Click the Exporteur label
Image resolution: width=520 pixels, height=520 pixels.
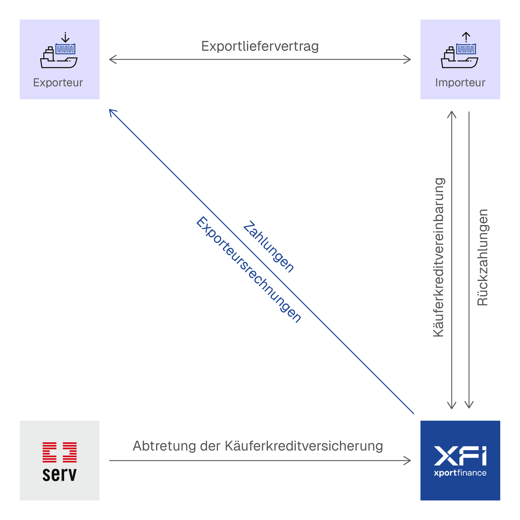(x=58, y=83)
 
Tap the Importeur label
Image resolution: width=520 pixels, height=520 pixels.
(x=460, y=83)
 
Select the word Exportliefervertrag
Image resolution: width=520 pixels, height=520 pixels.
(x=260, y=46)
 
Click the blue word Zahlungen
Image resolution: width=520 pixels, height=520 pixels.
(x=268, y=246)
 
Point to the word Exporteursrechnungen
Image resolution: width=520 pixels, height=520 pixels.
(x=248, y=269)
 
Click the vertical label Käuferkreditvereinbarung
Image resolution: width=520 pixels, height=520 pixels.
(x=438, y=257)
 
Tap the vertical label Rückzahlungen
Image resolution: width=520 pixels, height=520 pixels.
(x=482, y=257)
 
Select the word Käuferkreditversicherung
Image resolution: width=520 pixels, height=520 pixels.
(x=304, y=446)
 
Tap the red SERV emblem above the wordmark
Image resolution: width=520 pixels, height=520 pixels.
(x=59, y=452)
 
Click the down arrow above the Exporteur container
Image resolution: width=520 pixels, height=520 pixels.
(x=65, y=37)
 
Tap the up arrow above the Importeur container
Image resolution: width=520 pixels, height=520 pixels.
(x=466, y=37)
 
